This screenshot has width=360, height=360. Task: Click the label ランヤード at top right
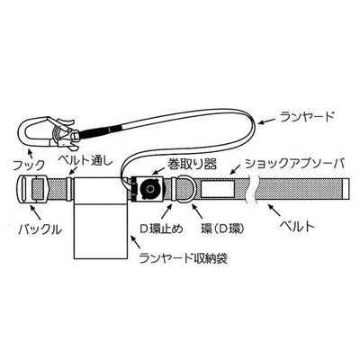(x=306, y=116)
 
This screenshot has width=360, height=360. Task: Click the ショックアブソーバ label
(x=294, y=164)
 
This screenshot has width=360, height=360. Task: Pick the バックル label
(x=40, y=229)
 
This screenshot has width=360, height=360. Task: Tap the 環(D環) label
(x=223, y=229)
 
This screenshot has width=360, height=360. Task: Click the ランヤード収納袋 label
(x=184, y=257)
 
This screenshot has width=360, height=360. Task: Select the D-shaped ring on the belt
(x=184, y=191)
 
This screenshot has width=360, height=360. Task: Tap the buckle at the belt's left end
(x=31, y=190)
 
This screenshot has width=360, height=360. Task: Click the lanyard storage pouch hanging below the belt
(x=102, y=218)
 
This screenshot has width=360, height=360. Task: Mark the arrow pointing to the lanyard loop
(x=267, y=121)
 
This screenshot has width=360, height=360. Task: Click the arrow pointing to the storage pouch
(x=136, y=242)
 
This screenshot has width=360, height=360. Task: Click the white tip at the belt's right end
(x=346, y=190)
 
